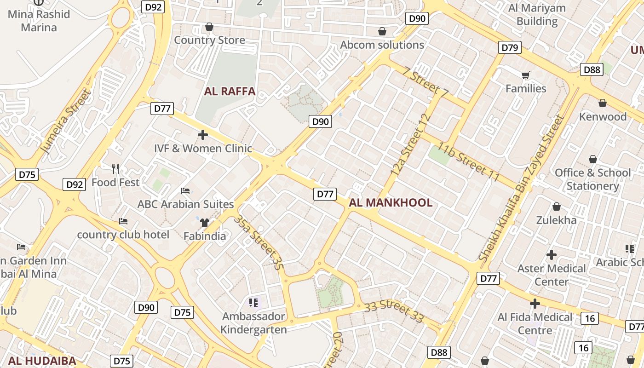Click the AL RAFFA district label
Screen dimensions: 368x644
[x=230, y=91]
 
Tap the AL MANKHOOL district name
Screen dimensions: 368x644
[x=391, y=203]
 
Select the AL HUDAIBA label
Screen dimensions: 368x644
[x=42, y=361]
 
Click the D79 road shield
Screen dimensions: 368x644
[x=510, y=47]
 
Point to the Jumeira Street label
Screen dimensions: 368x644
[x=66, y=122]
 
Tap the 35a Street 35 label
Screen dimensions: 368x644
[x=258, y=241]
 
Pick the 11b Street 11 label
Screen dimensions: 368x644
[x=468, y=161]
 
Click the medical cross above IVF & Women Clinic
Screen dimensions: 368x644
[x=202, y=135]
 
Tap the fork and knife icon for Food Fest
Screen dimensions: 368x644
[x=115, y=169]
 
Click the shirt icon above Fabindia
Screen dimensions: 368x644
[x=205, y=223]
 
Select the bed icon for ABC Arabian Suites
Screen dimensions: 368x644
[x=185, y=190]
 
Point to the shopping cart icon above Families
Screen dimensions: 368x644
[x=526, y=75]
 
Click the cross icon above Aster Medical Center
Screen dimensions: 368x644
[x=552, y=254]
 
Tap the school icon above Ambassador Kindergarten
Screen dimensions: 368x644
[x=253, y=302]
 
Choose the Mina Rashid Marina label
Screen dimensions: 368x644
[x=39, y=21]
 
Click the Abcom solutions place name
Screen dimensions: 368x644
[x=382, y=45]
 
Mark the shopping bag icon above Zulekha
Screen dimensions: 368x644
[x=557, y=207]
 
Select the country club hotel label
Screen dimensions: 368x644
[x=123, y=235]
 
